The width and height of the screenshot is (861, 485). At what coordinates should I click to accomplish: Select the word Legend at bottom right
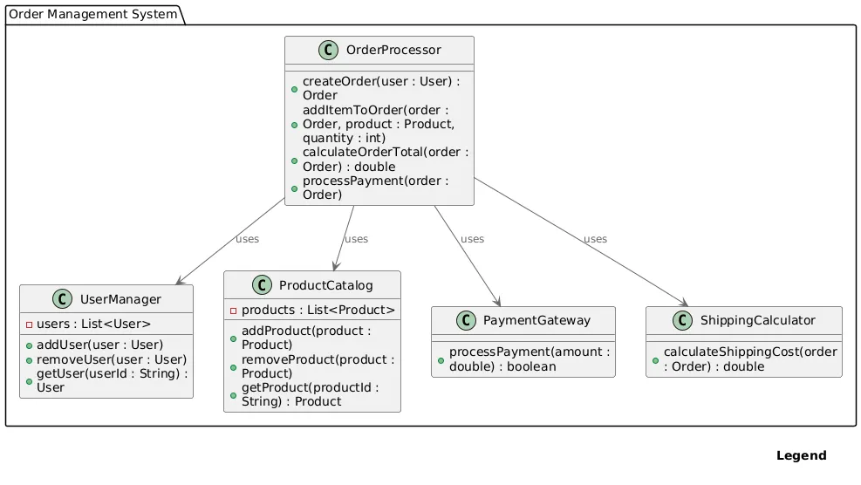click(x=801, y=455)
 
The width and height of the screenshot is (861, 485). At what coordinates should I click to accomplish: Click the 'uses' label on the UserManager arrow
click(x=247, y=239)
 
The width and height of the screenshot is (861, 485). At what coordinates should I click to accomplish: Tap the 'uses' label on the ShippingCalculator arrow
click(x=595, y=239)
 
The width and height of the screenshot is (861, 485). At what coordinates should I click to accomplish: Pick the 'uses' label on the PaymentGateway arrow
click(x=472, y=239)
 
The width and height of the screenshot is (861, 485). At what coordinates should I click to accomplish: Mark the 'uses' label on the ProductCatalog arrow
click(x=356, y=239)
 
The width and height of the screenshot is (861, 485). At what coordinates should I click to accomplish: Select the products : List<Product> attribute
click(x=318, y=311)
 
